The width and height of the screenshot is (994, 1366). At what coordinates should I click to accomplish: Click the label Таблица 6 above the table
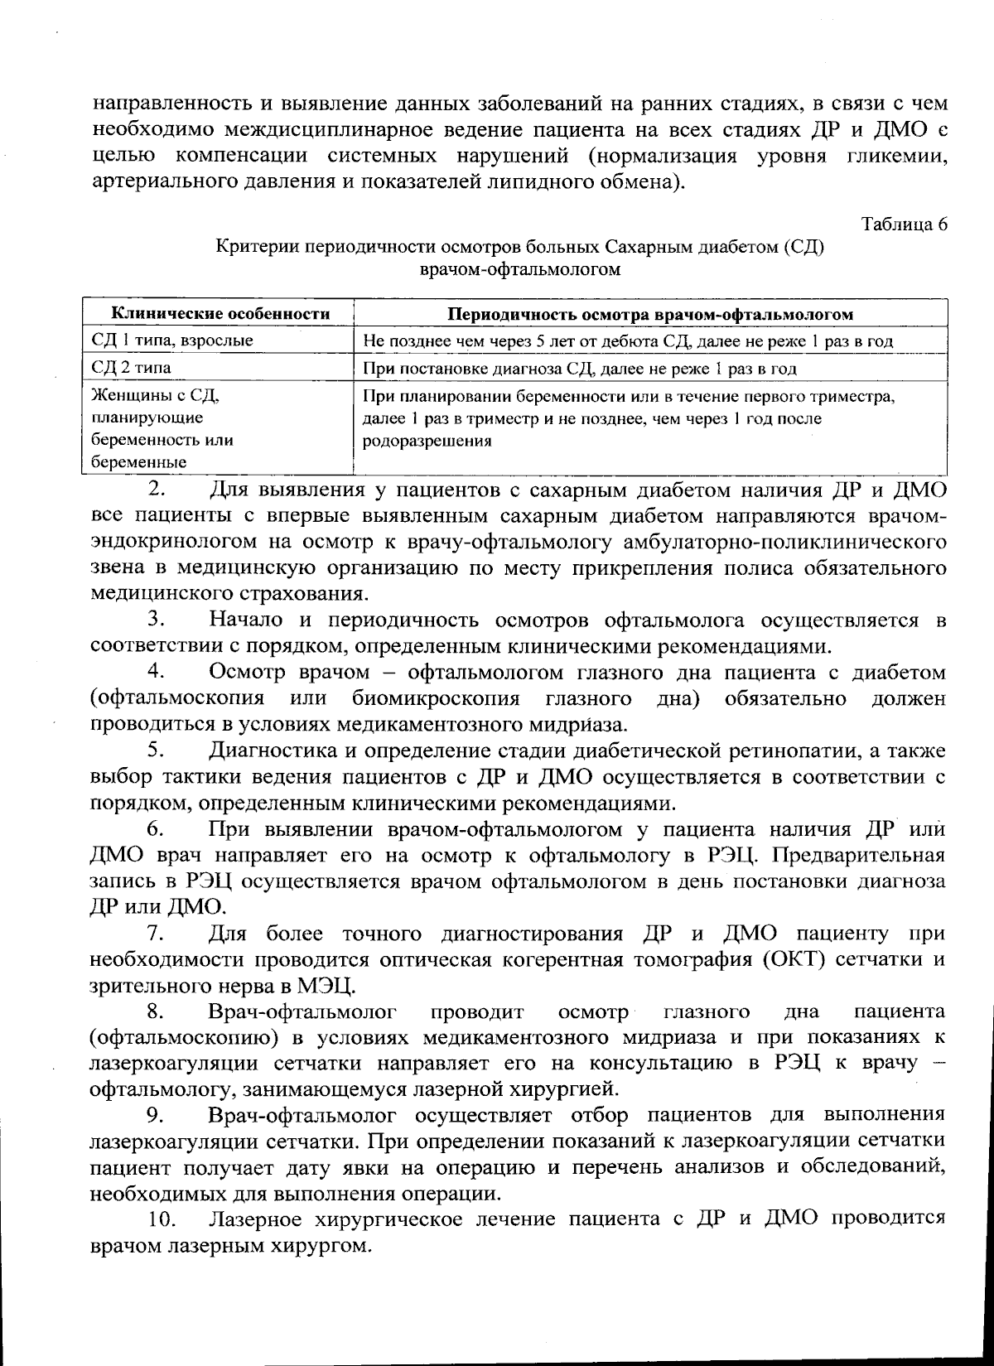[904, 224]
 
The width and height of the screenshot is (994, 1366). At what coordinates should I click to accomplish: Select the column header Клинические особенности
[220, 314]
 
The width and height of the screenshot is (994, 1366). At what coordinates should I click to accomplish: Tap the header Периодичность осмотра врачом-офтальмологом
[650, 314]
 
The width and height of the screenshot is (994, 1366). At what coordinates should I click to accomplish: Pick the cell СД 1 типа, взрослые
[172, 340]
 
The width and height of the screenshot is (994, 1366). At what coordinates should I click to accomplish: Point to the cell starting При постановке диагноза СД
[580, 368]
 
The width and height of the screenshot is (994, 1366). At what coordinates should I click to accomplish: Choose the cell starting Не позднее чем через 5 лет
[628, 340]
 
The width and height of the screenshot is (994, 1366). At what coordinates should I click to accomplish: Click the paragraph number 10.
[163, 1219]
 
